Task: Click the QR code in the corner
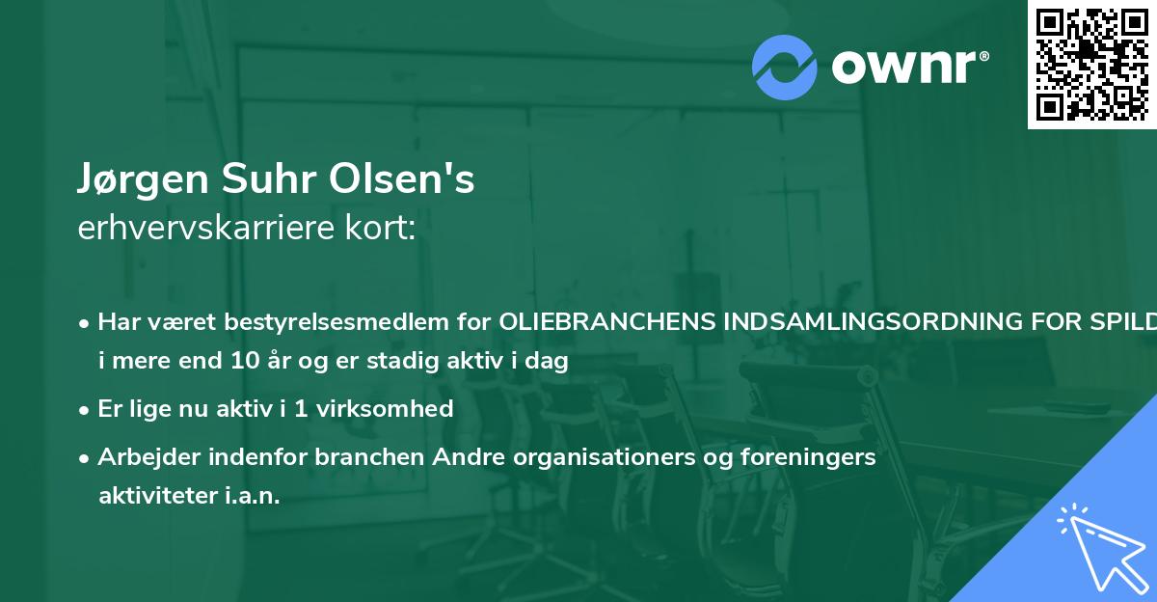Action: (x=1091, y=64)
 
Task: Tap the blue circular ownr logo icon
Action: (x=785, y=68)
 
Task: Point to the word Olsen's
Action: (x=403, y=179)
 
